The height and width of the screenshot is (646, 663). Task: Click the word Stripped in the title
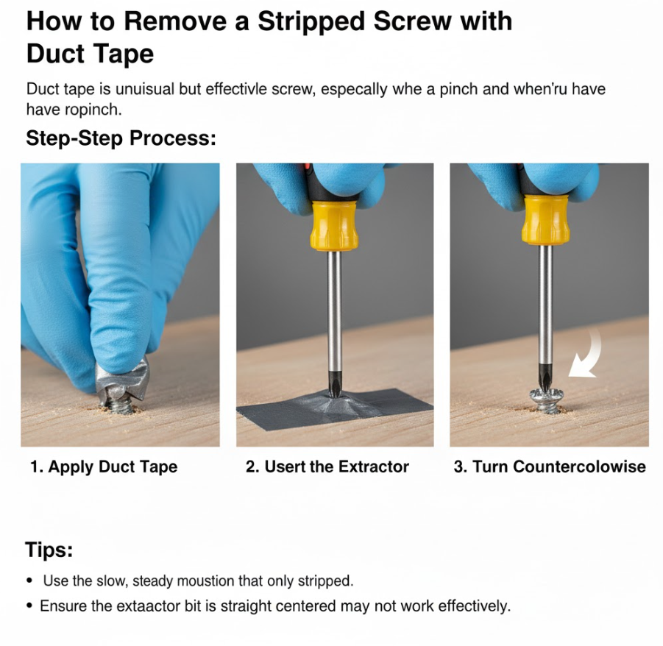[311, 21]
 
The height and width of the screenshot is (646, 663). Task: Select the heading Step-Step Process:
[121, 138]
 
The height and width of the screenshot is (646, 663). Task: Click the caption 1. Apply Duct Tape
[104, 466]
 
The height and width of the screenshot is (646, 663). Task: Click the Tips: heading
[49, 550]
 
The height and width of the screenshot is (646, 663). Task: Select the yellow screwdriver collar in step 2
[334, 226]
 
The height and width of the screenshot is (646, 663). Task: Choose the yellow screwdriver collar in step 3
[545, 221]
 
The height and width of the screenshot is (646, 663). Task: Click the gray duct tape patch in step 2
[335, 408]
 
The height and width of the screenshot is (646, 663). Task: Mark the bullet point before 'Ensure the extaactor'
[29, 606]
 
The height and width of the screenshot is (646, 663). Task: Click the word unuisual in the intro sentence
[145, 89]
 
